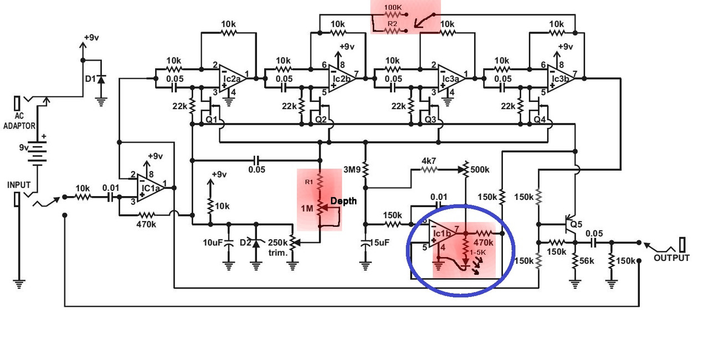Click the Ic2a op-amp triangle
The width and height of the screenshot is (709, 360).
232,78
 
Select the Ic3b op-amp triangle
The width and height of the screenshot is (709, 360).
561,78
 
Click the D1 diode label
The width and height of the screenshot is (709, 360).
90,79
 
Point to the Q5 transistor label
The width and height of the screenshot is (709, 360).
577,225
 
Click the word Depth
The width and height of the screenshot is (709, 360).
343,200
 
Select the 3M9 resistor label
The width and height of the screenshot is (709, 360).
353,169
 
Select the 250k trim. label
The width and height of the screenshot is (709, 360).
278,248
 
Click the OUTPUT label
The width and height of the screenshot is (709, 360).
672,258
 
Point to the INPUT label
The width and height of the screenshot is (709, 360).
19,184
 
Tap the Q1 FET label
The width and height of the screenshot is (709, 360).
211,119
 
